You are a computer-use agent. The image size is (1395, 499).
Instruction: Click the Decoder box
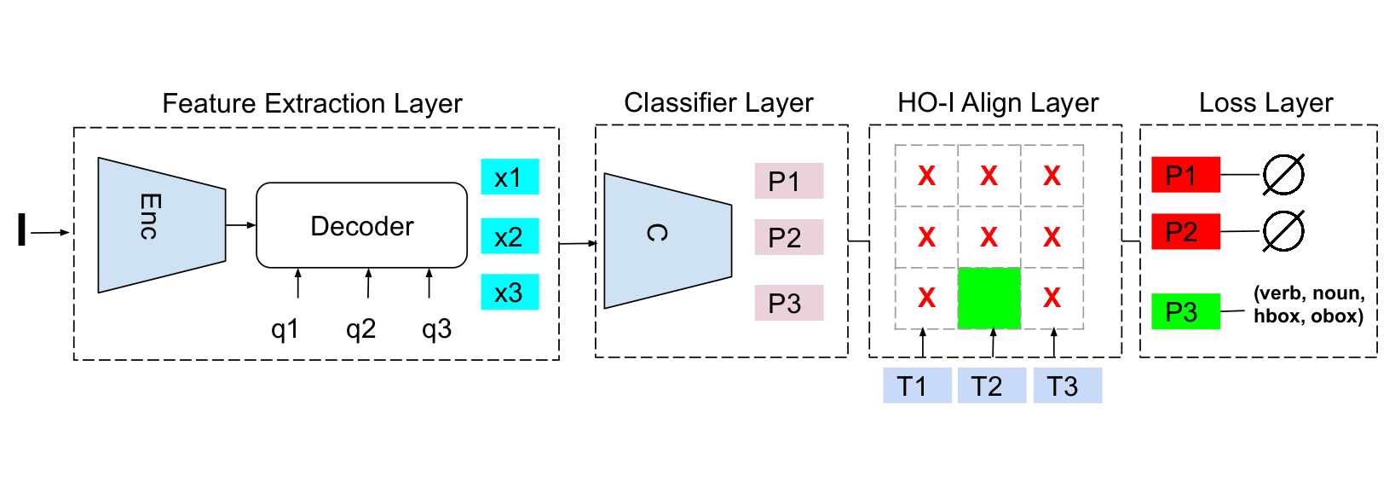pos(361,226)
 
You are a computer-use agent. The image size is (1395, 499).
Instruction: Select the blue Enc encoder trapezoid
pos(161,224)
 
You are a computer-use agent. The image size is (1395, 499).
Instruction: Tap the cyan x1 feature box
pos(510,177)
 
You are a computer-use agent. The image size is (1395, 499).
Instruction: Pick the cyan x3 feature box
pos(510,293)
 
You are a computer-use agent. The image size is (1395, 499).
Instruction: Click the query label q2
pos(360,329)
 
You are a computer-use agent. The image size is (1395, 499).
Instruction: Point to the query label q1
pos(285,329)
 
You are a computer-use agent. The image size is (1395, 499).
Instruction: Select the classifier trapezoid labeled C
pos(666,240)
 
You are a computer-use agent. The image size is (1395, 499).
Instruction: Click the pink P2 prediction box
pos(788,237)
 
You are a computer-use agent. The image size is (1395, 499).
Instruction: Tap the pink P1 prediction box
pos(788,181)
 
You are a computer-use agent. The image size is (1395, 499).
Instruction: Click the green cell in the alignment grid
pos(989,299)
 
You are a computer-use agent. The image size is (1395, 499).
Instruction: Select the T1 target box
pos(916,386)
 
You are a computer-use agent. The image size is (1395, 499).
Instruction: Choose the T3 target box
pos(1067,386)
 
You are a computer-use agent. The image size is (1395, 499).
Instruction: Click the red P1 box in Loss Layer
pos(1185,175)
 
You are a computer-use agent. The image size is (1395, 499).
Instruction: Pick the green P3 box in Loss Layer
pos(1185,311)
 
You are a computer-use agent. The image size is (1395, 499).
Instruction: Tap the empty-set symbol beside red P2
pos(1283,231)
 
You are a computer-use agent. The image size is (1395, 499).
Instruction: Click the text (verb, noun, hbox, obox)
pos(1308,305)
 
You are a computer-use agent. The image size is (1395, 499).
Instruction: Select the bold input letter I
pos(21,230)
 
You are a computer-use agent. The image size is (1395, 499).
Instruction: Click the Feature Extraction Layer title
pos(312,103)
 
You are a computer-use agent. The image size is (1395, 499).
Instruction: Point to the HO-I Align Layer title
pos(997,103)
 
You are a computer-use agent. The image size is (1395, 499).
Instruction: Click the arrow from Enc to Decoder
pos(240,225)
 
